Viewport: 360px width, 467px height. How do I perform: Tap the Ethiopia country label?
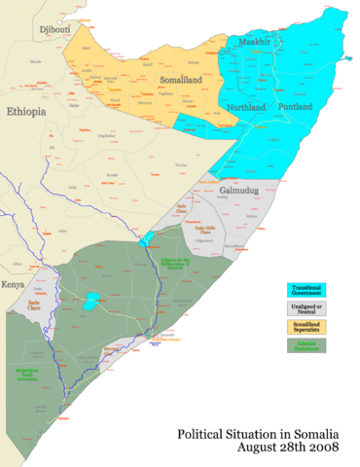point(27,113)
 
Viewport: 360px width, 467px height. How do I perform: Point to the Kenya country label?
point(13,284)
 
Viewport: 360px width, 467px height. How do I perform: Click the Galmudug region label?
point(238,190)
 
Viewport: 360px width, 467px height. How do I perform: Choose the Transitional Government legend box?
point(306,289)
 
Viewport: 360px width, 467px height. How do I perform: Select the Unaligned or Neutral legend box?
point(306,308)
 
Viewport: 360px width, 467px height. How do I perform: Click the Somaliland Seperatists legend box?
point(306,327)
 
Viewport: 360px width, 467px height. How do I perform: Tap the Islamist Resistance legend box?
point(306,345)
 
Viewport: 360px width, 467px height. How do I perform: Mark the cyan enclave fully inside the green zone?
point(90,303)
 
